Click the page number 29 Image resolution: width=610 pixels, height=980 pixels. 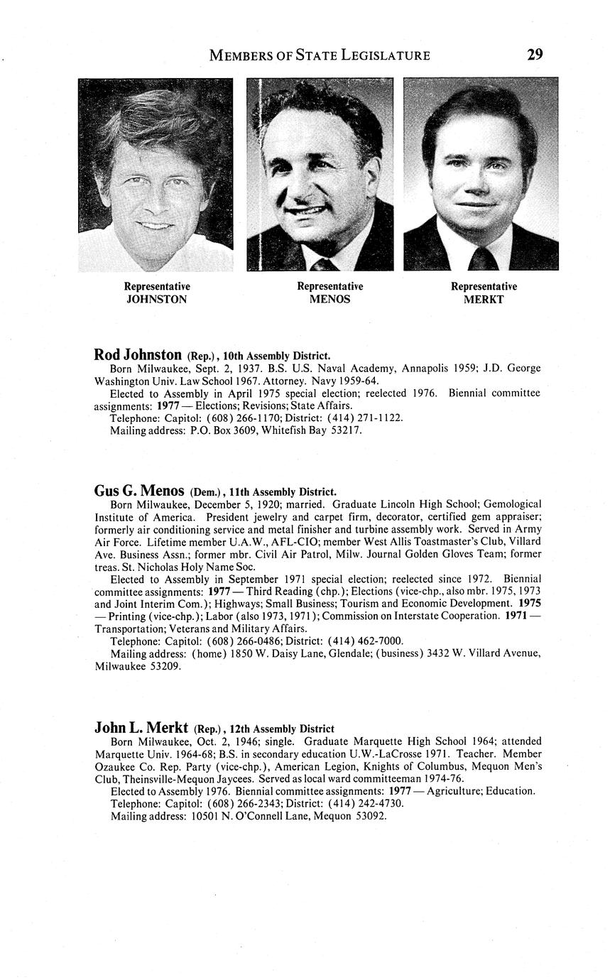coord(535,54)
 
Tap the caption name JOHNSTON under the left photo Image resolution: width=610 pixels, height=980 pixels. coord(157,300)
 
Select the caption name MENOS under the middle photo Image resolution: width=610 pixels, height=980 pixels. coord(330,300)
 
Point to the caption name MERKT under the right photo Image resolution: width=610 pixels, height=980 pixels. coord(484,300)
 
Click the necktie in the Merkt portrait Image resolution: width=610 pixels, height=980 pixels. coord(483,258)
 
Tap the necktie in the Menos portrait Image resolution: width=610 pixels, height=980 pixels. coord(324,264)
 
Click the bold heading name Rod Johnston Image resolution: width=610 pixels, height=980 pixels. coord(138,354)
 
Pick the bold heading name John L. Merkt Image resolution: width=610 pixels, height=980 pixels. coord(141,728)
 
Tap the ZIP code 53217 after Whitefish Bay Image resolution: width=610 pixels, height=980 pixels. coord(347,430)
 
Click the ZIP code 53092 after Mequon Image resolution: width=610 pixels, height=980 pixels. coord(371,816)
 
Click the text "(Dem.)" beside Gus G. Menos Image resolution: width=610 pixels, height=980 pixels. coord(207,492)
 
